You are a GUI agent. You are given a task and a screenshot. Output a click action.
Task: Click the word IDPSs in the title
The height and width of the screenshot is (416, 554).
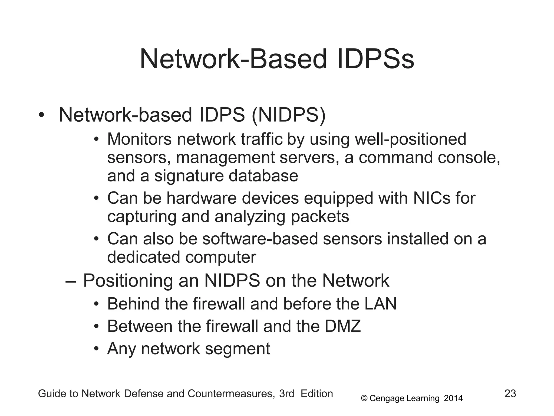point(375,59)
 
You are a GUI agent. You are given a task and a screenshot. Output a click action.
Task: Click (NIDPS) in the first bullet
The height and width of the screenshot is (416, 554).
point(288,115)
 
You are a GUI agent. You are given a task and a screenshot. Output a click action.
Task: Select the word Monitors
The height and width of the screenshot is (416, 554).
point(139,139)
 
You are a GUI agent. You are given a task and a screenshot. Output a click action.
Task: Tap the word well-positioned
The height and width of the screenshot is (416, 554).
point(410,139)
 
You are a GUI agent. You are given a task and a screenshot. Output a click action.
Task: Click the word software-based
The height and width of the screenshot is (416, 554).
point(260,239)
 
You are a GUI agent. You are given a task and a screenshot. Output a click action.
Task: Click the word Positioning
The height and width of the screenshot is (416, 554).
point(128,281)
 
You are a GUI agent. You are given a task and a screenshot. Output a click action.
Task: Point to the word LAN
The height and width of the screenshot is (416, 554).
point(381,304)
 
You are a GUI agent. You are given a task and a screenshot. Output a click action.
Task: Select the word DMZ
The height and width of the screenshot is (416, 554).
point(342,326)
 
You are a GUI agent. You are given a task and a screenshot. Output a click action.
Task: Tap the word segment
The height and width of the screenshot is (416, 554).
point(238,349)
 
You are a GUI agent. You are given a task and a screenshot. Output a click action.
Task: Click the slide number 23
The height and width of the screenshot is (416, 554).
point(510,394)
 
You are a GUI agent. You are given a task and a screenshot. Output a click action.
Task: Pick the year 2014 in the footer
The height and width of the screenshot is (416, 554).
point(453,398)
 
